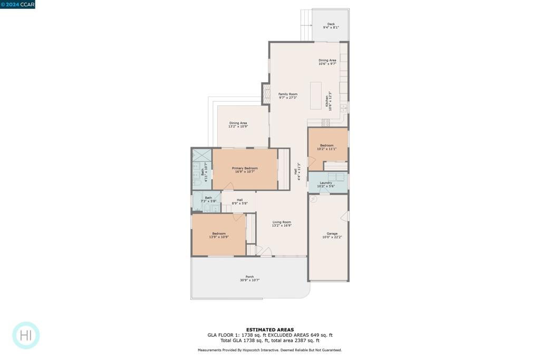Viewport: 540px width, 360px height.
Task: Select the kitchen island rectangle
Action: point(316,95)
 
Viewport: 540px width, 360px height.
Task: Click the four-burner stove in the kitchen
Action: point(326,122)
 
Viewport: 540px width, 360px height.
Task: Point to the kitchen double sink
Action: point(344,108)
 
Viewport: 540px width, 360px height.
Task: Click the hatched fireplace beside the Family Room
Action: point(266,93)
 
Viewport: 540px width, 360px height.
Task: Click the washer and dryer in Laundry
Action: point(336,177)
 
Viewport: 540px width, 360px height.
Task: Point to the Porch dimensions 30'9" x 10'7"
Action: point(249,280)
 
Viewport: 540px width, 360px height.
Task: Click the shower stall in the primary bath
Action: point(201,155)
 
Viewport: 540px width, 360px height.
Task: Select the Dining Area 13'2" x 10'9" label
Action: point(238,125)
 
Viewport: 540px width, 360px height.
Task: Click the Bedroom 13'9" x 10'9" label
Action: point(219,235)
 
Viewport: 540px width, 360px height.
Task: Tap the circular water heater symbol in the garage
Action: point(312,199)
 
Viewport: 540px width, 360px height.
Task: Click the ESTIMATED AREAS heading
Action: point(269,330)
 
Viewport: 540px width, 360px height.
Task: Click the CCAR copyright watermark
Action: point(18,4)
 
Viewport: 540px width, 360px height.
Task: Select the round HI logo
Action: point(26,335)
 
